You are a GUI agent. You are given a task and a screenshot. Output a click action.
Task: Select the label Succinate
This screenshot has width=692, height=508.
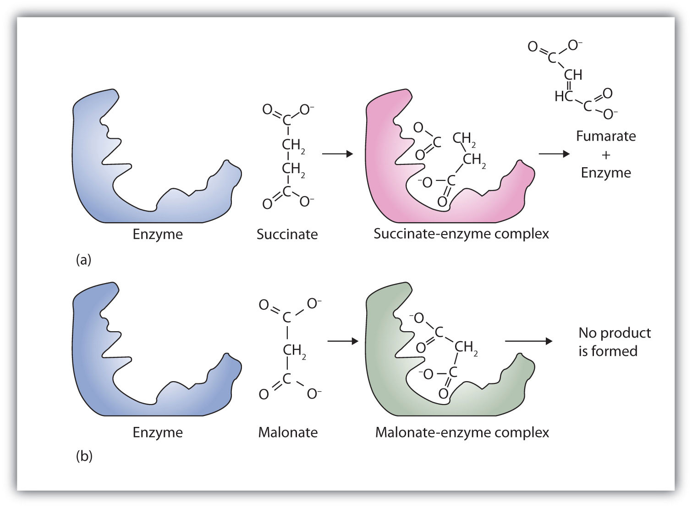pyautogui.click(x=287, y=235)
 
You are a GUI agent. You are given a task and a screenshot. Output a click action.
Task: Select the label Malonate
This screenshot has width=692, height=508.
pyautogui.click(x=288, y=432)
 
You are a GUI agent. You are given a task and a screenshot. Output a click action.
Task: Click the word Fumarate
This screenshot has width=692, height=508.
pyautogui.click(x=606, y=136)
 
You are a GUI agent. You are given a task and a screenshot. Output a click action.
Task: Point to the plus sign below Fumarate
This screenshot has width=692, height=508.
pyautogui.click(x=606, y=155)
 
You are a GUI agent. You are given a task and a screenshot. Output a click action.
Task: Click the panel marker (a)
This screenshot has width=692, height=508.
pyautogui.click(x=83, y=260)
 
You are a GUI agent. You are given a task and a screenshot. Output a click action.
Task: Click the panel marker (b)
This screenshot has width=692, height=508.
pyautogui.click(x=84, y=456)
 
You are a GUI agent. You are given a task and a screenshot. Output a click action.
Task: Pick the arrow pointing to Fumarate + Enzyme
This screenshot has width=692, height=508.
pyautogui.click(x=554, y=154)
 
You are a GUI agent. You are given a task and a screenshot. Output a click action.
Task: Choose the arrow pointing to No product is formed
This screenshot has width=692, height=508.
pyautogui.click(x=528, y=341)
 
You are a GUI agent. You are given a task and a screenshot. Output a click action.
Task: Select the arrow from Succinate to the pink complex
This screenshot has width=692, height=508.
pyautogui.click(x=337, y=154)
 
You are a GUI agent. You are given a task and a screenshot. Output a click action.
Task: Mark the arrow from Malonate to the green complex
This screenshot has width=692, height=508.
pyautogui.click(x=342, y=341)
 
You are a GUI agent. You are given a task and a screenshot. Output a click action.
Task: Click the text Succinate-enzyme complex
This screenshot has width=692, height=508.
pyautogui.click(x=461, y=234)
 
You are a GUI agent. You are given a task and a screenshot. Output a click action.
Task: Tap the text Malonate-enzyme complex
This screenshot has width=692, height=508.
pyautogui.click(x=462, y=432)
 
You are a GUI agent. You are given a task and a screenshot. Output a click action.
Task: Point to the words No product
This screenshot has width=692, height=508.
pyautogui.click(x=615, y=333)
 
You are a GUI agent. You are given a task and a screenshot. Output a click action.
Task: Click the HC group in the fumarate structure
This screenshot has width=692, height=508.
pyautogui.click(x=562, y=96)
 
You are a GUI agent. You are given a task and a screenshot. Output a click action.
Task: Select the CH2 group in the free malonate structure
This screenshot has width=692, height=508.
pyautogui.click(x=293, y=351)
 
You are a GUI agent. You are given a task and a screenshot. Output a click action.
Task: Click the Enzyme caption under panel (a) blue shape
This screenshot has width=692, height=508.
pyautogui.click(x=158, y=235)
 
